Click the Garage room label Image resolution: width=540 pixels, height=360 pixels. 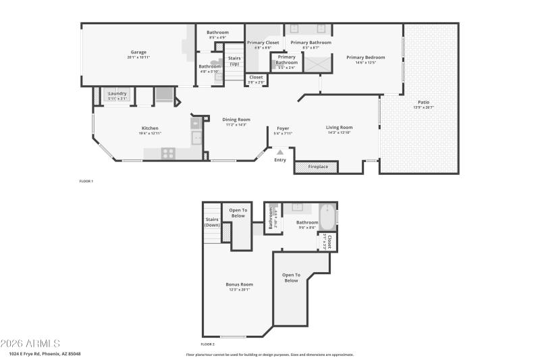click(138, 53)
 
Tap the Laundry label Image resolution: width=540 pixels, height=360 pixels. click(117, 94)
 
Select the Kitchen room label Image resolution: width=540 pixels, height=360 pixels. click(150, 128)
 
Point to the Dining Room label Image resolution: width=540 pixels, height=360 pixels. click(236, 120)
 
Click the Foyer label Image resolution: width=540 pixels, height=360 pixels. click(283, 128)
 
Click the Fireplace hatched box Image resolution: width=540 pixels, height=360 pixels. click(317, 166)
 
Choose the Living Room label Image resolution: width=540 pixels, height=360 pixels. click(340, 128)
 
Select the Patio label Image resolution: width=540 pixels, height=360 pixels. click(424, 102)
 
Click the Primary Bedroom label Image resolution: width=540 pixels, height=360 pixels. click(365, 57)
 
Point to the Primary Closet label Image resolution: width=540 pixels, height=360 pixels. click(263, 43)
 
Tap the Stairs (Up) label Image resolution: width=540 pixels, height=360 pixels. click(235, 61)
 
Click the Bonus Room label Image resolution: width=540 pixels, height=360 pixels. click(239, 284)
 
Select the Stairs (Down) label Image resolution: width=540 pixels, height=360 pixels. click(212, 222)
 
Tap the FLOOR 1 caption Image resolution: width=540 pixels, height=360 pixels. click(86, 181)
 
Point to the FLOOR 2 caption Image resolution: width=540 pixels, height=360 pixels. click(208, 344)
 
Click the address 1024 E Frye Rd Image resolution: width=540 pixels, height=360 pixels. click(45, 353)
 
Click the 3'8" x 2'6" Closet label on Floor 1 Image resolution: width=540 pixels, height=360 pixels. click(256, 78)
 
